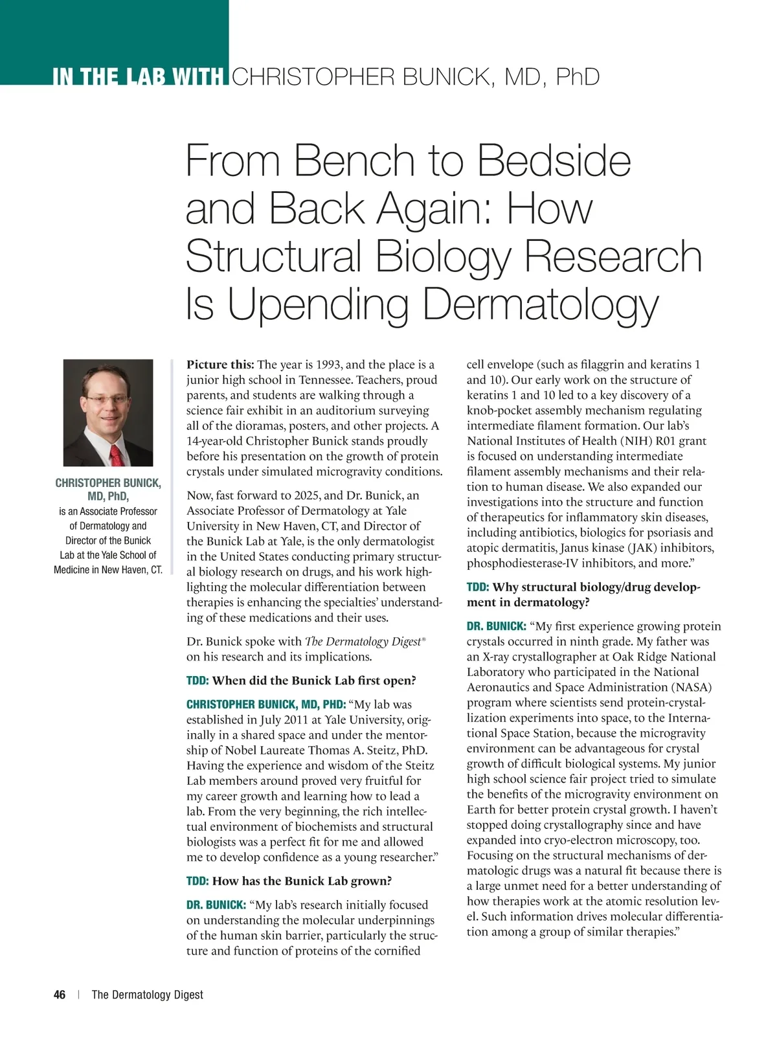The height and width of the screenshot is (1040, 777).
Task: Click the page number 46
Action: pyautogui.click(x=60, y=995)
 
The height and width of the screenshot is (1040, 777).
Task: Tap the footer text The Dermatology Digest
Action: pyautogui.click(x=147, y=995)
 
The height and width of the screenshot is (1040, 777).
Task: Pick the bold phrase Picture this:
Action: pyautogui.click(x=220, y=365)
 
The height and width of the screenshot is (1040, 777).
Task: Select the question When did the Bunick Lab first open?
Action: pyautogui.click(x=313, y=681)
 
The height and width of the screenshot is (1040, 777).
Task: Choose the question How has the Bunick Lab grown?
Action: pyautogui.click(x=302, y=881)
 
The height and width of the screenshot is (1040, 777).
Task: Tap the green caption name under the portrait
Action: pyautogui.click(x=108, y=490)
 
